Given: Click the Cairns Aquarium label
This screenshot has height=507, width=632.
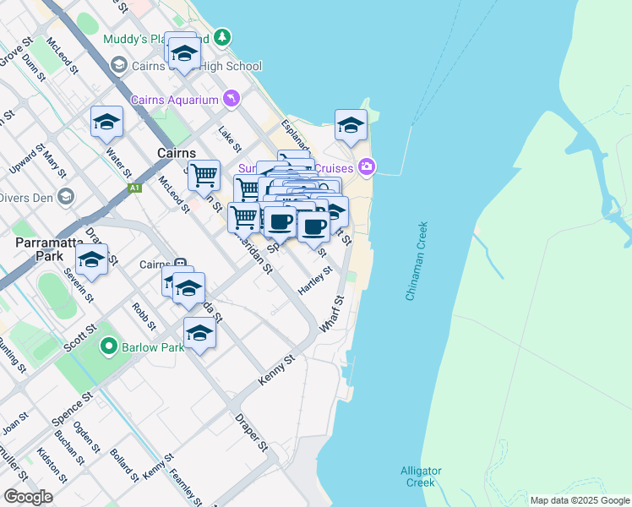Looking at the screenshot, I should pos(175,100).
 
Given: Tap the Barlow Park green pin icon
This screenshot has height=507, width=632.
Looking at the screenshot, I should pos(108,346).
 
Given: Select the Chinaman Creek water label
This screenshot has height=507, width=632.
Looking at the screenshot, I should pos(417,261).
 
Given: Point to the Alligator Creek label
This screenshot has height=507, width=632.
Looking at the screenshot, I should pos(418,477).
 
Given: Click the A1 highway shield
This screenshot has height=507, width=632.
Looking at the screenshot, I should pos(134,188).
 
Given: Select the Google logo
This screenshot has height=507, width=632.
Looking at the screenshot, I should pos(29,497).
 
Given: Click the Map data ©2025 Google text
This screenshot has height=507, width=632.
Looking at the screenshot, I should pos(579,500).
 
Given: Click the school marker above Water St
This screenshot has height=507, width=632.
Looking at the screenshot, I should pos(107,123).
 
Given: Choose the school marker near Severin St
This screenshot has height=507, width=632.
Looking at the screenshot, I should pos(92,259).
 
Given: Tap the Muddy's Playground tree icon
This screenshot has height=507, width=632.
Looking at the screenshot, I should pos(221,37).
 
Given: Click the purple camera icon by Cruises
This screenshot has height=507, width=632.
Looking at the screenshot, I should pos(366,166).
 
